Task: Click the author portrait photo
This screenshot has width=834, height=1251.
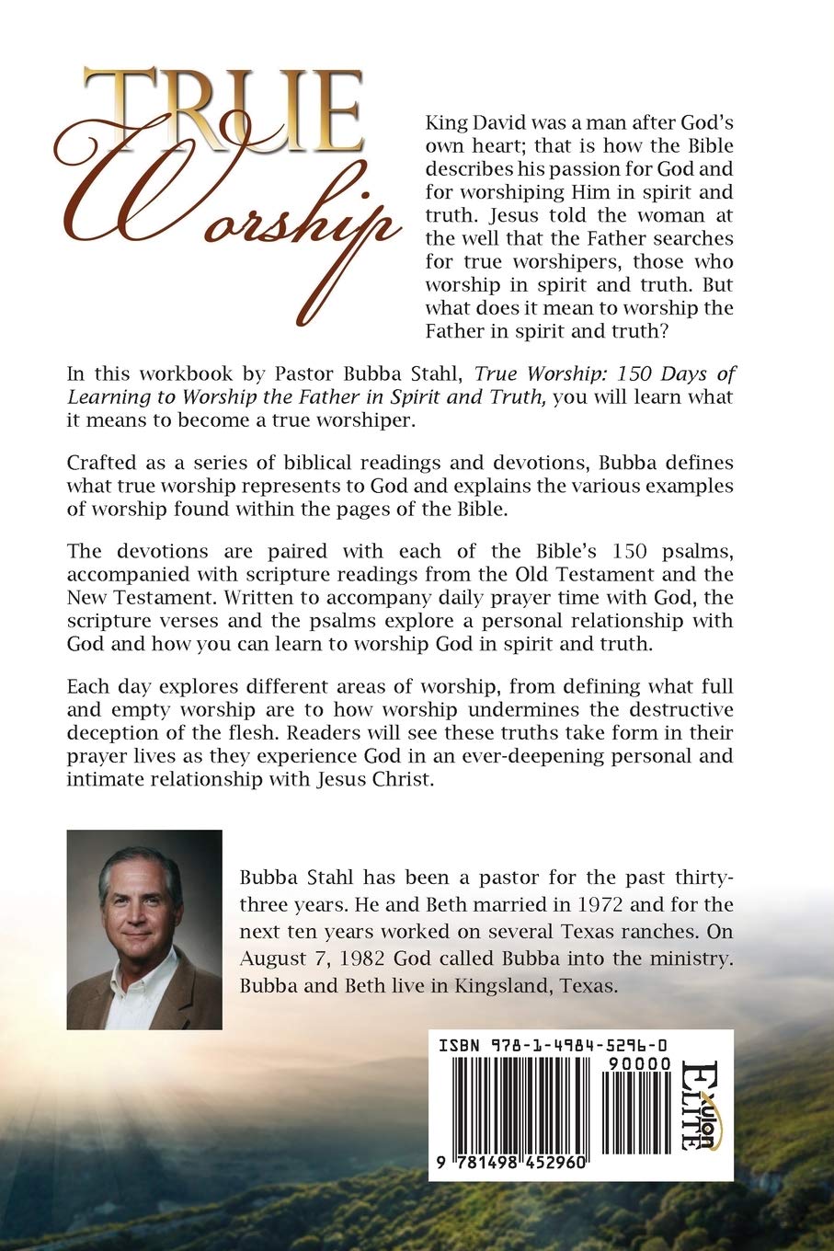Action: click(x=144, y=929)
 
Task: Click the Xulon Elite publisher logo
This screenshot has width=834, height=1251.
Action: click(x=703, y=1104)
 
